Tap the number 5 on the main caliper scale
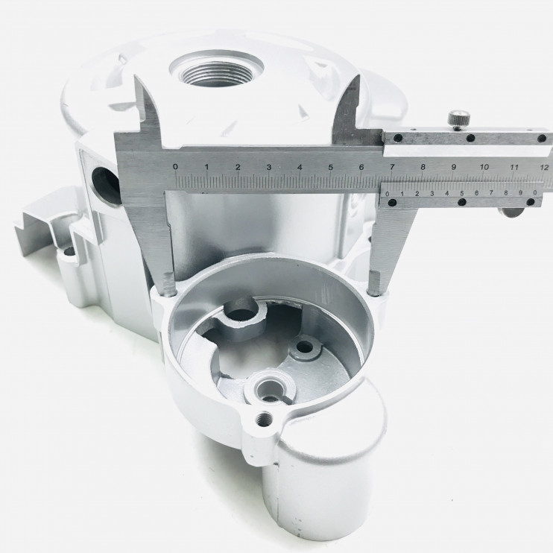coord(330,167)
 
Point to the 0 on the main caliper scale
coord(175,166)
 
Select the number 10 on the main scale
coord(484,167)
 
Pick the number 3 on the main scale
coord(269,167)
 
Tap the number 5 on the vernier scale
coord(461,193)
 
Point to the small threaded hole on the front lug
coord(263,420)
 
